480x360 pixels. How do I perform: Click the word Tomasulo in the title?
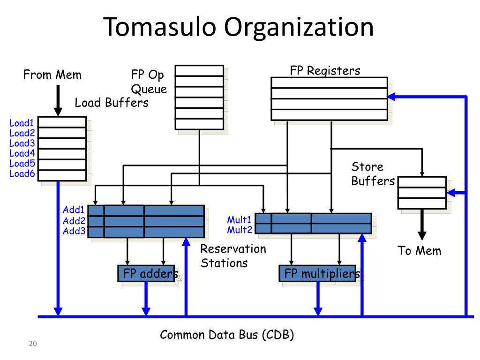coord(159,27)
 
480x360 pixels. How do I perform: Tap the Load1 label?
coord(22,123)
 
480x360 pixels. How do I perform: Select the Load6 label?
coord(22,173)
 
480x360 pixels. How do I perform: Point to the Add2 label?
coord(74,221)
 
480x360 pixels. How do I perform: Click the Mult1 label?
coord(239,220)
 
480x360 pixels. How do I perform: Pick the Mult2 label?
coord(240,230)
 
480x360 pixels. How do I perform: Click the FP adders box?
coord(146,273)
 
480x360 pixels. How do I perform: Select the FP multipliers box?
coord(317,273)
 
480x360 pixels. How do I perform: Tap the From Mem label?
coord(52,75)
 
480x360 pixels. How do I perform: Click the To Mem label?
coord(420,251)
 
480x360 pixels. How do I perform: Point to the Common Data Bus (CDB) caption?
coord(227,335)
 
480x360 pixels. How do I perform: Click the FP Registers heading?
coord(325,71)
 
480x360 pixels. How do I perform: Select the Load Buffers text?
coord(112,103)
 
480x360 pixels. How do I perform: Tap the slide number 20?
coord(33,344)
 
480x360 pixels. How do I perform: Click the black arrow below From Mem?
coord(58,100)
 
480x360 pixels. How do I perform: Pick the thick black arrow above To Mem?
coord(422,225)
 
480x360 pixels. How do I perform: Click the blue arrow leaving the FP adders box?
coord(146,299)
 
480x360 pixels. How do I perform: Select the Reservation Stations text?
coord(233,256)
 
